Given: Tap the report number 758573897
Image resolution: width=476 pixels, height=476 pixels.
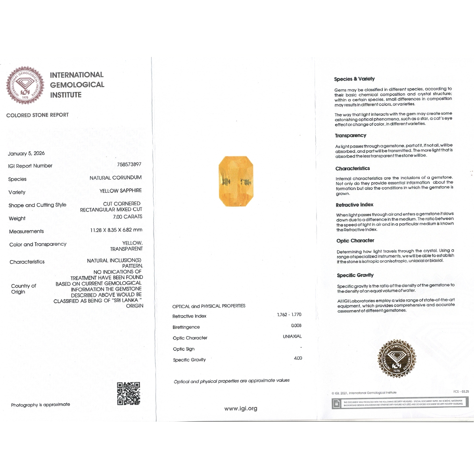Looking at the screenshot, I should (129, 164).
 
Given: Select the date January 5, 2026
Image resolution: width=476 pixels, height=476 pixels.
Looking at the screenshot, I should (26, 154).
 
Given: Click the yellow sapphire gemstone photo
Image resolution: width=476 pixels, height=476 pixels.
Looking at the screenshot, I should (236, 181).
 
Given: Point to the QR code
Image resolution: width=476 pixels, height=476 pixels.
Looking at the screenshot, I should (129, 393).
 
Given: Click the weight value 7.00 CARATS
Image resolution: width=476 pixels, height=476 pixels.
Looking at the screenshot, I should (127, 217).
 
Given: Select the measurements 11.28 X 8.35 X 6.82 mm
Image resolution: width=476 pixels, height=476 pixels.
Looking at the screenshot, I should (116, 230).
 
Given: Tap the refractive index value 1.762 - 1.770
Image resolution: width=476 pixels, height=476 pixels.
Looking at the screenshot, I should (289, 315).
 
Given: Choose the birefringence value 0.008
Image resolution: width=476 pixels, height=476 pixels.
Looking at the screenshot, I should (296, 326).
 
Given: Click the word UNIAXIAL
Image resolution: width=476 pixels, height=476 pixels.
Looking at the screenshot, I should (292, 336).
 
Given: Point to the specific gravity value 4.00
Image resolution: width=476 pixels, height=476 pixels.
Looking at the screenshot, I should (297, 358).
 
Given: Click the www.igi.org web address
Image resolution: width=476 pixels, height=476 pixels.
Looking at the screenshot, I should (240, 409).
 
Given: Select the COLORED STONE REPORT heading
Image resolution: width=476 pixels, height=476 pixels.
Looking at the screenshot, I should (37, 115).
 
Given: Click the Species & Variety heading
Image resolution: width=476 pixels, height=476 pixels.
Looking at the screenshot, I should (354, 79).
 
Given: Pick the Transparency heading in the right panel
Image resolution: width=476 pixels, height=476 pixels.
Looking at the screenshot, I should (350, 136).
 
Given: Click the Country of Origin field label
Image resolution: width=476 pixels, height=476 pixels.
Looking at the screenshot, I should (23, 289).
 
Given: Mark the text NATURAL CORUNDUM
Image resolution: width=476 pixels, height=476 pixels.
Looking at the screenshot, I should (115, 178).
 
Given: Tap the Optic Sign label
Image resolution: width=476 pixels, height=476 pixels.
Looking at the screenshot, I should (184, 349).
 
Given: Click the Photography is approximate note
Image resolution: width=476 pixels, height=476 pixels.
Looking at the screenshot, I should (40, 405).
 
